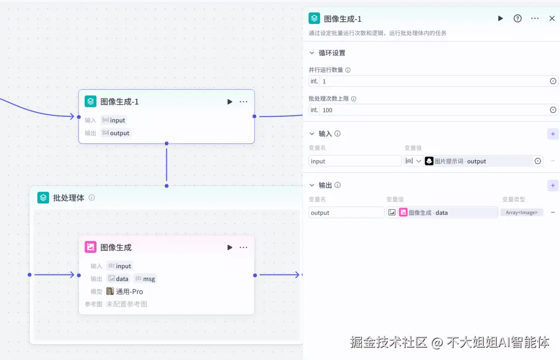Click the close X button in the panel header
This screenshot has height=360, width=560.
click(552, 19)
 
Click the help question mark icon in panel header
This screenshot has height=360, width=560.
click(517, 19)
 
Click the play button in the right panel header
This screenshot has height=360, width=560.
click(500, 19)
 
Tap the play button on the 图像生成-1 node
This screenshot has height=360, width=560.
click(230, 102)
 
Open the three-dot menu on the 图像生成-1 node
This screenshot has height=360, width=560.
click(244, 102)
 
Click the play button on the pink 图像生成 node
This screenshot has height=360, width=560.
click(230, 247)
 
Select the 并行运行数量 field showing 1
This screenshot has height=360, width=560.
click(433, 81)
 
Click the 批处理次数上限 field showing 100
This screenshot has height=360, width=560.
click(433, 110)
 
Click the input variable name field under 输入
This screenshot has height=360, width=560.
click(355, 161)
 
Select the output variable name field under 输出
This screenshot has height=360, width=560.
click(346, 213)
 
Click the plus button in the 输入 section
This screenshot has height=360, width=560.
click(553, 134)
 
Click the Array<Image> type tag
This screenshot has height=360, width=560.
click(522, 213)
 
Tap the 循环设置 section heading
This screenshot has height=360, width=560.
click(332, 53)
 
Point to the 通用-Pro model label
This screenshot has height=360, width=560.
click(129, 292)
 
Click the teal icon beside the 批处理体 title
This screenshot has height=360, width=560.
click(43, 198)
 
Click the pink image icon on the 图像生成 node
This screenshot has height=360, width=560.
click(91, 247)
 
